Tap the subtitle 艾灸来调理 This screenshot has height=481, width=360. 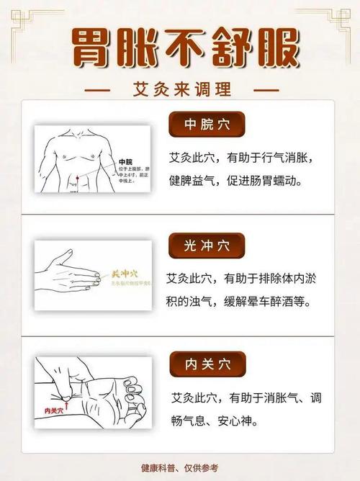pos(181,91)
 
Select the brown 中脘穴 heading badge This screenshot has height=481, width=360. pos(207,126)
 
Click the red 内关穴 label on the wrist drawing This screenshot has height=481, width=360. pos(55,410)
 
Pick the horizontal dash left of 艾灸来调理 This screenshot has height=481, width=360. pos(97,91)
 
